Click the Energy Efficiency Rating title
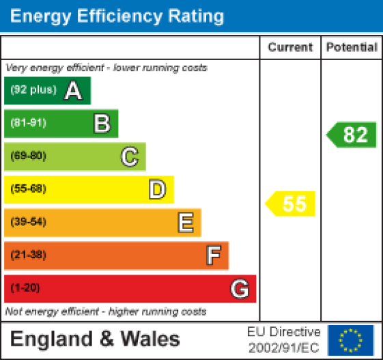[x=117, y=16]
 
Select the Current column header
[x=290, y=47]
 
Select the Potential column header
[x=352, y=47]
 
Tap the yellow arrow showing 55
[x=292, y=204]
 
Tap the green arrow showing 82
[x=352, y=135]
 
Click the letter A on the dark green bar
[x=73, y=91]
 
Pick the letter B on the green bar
[x=101, y=124]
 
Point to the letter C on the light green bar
[x=129, y=156]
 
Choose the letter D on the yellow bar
[x=157, y=189]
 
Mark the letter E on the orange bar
[x=185, y=222]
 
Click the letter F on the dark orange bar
[x=213, y=255]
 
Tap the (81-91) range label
[x=28, y=124]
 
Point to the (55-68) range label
[x=28, y=189]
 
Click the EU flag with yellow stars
[x=351, y=340]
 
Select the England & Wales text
[x=96, y=339]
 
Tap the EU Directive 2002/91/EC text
[x=283, y=339]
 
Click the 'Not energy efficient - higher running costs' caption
[x=106, y=311]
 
